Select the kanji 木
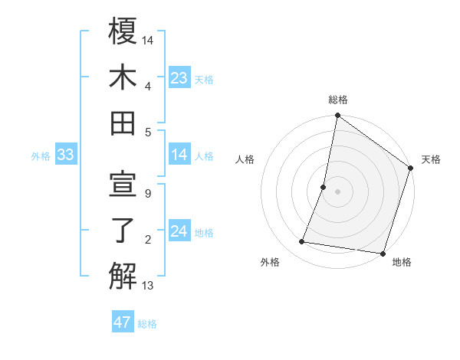pyautogui.click(x=123, y=77)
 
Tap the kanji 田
pyautogui.click(x=123, y=123)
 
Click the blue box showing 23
pyautogui.click(x=179, y=78)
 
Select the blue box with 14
pyautogui.click(x=179, y=155)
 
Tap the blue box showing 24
pyautogui.click(x=179, y=232)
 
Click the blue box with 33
pyautogui.click(x=66, y=155)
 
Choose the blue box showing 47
pyautogui.click(x=123, y=322)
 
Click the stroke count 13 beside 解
pyautogui.click(x=147, y=286)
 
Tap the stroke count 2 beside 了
pyautogui.click(x=147, y=240)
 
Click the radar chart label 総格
pyautogui.click(x=338, y=100)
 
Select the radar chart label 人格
pyautogui.click(x=245, y=159)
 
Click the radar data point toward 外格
pyautogui.click(x=302, y=242)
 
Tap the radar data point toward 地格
pyautogui.click(x=383, y=253)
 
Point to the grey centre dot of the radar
pyautogui.click(x=338, y=191)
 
